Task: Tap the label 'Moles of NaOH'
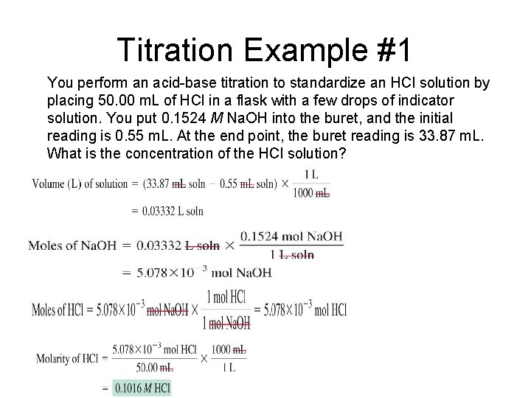pyautogui.click(x=72, y=245)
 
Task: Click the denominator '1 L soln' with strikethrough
pyautogui.click(x=293, y=255)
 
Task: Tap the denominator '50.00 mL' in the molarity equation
pyautogui.click(x=154, y=366)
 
